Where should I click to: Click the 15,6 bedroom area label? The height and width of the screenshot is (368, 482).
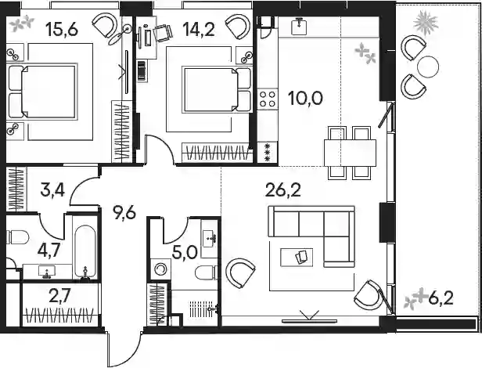(62, 30)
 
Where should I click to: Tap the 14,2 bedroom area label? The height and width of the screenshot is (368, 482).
(198, 30)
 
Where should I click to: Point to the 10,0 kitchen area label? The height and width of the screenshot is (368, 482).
(305, 99)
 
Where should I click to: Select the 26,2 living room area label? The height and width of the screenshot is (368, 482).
(282, 190)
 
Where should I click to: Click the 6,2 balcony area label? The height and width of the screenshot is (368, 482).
(441, 298)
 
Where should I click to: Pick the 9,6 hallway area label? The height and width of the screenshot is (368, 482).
(124, 213)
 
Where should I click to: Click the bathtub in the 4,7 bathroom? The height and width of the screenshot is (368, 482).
(85, 251)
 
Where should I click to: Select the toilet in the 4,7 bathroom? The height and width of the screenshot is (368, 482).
(17, 237)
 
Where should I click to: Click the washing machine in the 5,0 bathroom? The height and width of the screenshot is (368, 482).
(160, 269)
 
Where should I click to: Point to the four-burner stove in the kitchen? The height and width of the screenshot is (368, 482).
(268, 99)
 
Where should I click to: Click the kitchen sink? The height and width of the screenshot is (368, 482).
(299, 27)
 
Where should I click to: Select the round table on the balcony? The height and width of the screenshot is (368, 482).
(428, 67)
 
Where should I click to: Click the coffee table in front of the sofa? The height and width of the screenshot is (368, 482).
(297, 258)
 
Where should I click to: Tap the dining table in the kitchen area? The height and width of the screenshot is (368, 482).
(350, 153)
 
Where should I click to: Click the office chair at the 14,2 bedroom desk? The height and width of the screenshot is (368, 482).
(163, 33)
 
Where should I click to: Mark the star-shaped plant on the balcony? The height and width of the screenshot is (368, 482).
(426, 22)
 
